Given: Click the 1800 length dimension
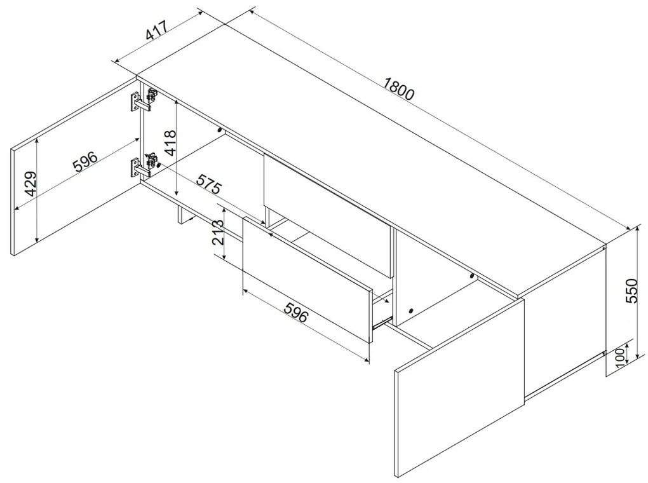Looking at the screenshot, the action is [x=398, y=88].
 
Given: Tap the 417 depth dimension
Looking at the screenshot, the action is [x=157, y=30].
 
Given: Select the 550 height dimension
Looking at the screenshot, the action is [x=632, y=290].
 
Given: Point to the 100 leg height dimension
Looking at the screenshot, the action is [x=619, y=358].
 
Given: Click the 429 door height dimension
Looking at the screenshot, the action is [x=30, y=184].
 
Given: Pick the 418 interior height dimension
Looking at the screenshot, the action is [x=170, y=142].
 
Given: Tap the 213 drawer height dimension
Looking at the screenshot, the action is [x=217, y=232].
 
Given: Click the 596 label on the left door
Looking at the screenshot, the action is [x=85, y=161].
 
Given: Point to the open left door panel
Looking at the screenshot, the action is [x=75, y=166].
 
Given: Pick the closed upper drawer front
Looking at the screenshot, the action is [x=328, y=215].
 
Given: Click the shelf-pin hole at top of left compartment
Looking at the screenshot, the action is [x=219, y=130].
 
